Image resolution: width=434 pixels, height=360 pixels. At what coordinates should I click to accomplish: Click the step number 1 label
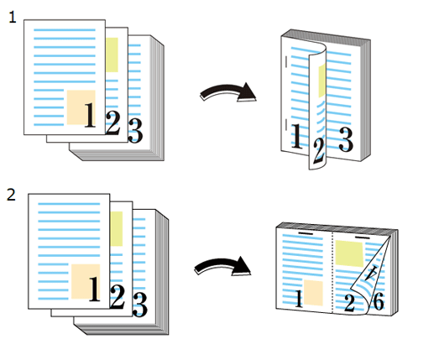point(13,18)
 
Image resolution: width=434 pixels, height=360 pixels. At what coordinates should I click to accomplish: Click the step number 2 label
point(11,195)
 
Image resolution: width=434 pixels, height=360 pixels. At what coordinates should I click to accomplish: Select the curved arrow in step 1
point(228,91)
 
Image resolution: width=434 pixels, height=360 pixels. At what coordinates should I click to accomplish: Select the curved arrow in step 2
point(222,265)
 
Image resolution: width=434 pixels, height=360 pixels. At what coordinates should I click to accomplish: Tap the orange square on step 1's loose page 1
point(81,107)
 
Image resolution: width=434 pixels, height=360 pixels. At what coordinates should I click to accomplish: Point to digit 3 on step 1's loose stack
point(135,130)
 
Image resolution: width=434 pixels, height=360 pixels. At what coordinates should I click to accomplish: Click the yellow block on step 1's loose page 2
point(112,55)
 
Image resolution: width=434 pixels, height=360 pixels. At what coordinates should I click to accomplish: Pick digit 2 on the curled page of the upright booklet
point(319,151)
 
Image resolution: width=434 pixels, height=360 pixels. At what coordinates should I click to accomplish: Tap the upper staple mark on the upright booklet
point(286,62)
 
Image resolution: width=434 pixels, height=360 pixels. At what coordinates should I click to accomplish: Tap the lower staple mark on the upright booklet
point(286,125)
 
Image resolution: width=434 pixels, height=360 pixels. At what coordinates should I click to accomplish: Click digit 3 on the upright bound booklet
point(346,139)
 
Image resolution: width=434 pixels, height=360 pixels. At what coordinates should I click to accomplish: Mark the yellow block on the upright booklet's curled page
point(322,81)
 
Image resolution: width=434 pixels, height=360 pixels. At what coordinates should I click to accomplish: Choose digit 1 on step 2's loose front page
point(95,290)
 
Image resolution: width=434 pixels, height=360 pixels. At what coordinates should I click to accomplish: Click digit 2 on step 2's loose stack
point(117,297)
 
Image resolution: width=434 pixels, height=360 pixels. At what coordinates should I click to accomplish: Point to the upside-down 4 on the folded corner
point(372,274)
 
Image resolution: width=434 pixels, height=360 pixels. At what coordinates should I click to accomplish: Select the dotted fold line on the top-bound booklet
point(332,272)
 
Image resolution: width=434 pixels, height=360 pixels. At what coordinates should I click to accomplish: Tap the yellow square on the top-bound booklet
point(349,253)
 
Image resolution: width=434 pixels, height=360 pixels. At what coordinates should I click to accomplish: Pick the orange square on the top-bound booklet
point(313,293)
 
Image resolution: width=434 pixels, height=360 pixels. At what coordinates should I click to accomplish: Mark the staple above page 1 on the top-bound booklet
point(306,232)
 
